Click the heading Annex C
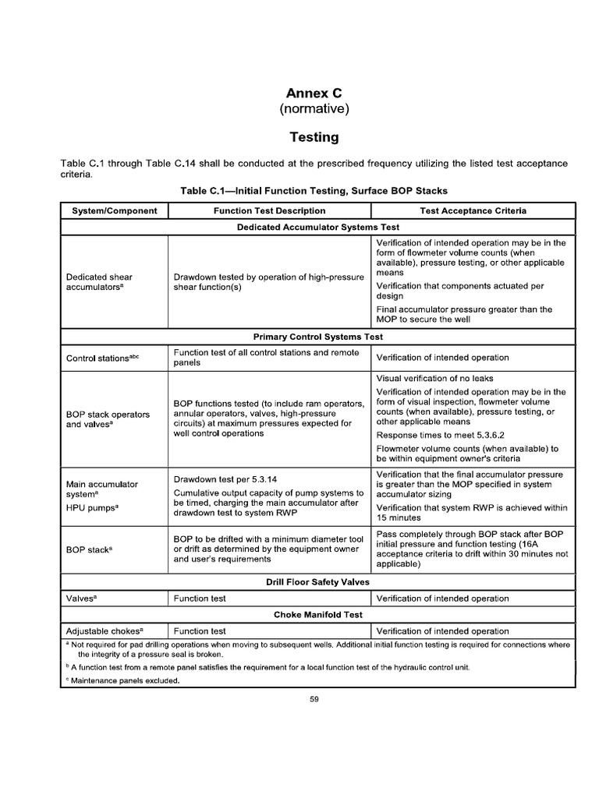(314, 93)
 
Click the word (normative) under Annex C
(314, 109)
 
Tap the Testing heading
(314, 137)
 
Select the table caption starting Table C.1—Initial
(314, 190)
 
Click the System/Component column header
(115, 210)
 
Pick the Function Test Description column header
(270, 210)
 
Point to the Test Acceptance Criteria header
(473, 210)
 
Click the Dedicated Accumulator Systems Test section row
(317, 227)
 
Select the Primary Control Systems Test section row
(317, 337)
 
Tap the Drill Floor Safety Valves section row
(317, 581)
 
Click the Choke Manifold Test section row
(317, 614)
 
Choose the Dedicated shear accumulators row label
(99, 281)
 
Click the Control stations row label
(102, 358)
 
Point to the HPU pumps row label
(93, 507)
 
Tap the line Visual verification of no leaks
(434, 378)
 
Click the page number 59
(315, 699)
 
